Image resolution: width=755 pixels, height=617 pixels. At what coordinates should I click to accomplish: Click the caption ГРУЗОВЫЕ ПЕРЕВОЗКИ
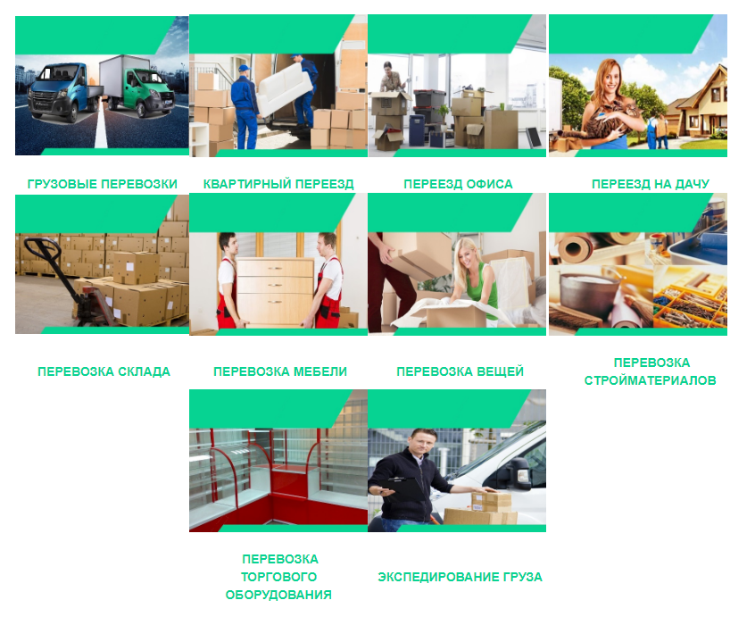click(102, 184)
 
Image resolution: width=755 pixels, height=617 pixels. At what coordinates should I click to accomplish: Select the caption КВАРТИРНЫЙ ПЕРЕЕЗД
click(278, 184)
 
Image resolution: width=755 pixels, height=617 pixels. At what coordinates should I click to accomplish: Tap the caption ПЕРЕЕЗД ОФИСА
click(458, 184)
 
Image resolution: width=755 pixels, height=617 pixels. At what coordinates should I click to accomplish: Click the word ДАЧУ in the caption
click(692, 184)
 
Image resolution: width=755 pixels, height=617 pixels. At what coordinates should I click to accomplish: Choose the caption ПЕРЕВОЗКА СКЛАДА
click(104, 371)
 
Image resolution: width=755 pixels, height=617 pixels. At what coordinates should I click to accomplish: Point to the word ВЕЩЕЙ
click(500, 371)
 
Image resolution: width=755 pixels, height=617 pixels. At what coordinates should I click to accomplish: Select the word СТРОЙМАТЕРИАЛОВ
click(650, 380)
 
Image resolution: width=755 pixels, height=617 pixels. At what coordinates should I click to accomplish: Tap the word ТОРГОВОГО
click(278, 577)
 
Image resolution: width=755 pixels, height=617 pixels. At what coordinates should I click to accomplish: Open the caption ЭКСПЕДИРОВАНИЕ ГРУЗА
click(460, 577)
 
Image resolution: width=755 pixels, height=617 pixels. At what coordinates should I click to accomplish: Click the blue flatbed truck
click(65, 93)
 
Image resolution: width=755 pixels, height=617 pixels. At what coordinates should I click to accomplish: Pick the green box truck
click(137, 87)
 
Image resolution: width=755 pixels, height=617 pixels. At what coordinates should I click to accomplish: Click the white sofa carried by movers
click(283, 88)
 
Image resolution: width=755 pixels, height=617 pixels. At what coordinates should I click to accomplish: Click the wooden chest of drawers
click(275, 290)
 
